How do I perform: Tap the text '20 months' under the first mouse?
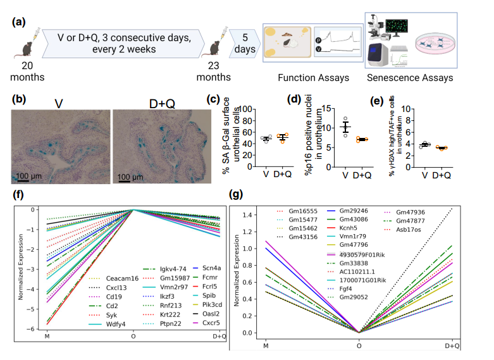(x=27, y=72)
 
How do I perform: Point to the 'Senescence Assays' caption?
(x=410, y=78)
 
